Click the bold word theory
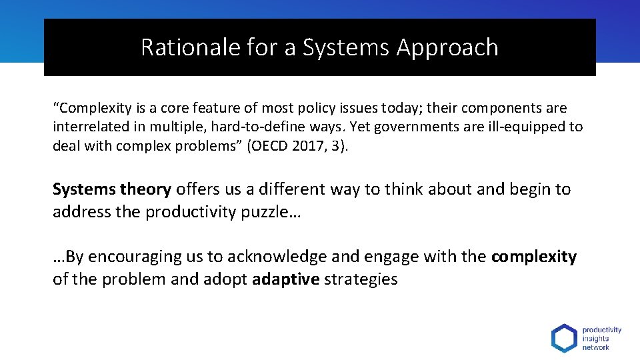[x=146, y=189]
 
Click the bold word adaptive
[x=286, y=279]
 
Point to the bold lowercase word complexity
[x=533, y=257]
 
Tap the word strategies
[x=361, y=279]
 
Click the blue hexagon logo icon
[x=564, y=338]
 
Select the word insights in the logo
[x=595, y=338]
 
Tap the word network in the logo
[x=595, y=347]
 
